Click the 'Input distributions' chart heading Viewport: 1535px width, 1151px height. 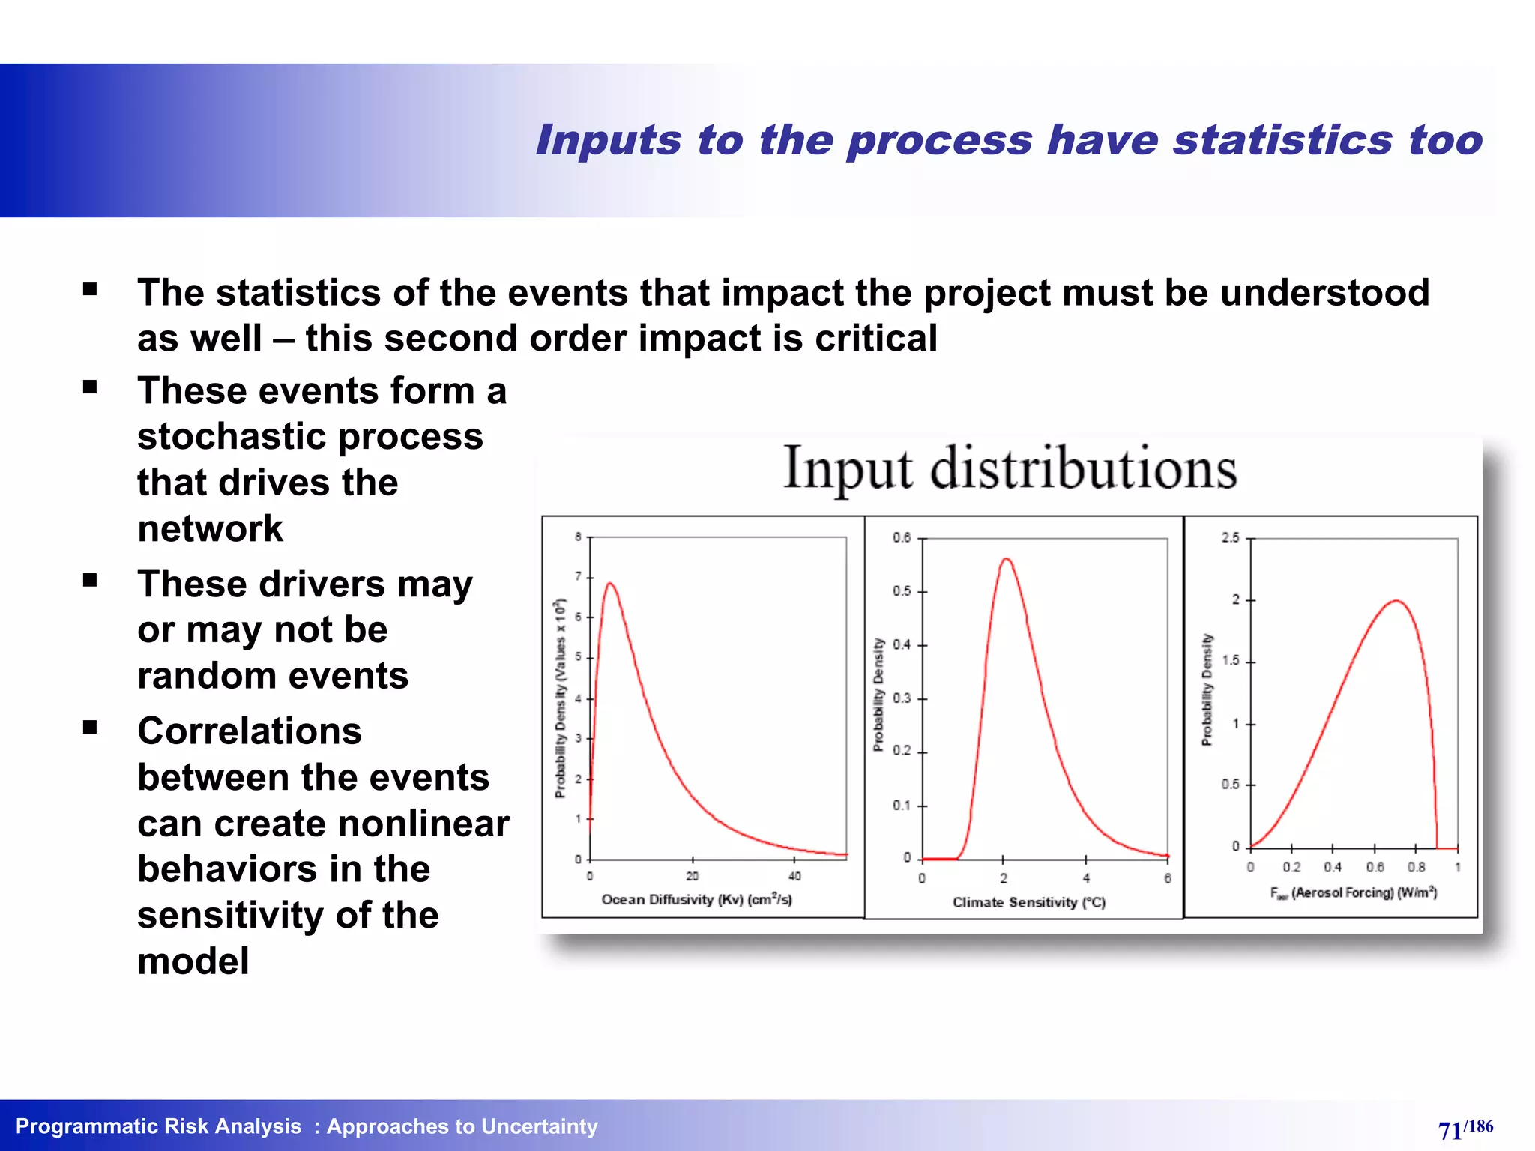pyautogui.click(x=1010, y=469)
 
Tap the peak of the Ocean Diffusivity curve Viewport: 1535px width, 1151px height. pyautogui.click(x=610, y=584)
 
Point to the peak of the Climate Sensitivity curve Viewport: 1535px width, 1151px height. pyautogui.click(x=1007, y=559)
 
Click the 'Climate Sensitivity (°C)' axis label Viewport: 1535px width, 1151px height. pyautogui.click(x=1028, y=902)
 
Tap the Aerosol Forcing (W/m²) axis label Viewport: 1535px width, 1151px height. pyautogui.click(x=1353, y=892)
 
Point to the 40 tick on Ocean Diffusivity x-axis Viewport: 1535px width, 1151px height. pyautogui.click(x=794, y=876)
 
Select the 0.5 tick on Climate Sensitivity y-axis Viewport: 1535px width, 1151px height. pyautogui.click(x=902, y=591)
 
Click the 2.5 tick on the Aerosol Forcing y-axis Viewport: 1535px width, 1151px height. pyautogui.click(x=1230, y=538)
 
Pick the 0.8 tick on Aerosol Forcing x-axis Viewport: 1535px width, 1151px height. pyautogui.click(x=1416, y=867)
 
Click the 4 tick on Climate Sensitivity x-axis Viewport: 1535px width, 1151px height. pyautogui.click(x=1086, y=878)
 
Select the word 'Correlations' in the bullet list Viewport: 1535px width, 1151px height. pyautogui.click(x=249, y=731)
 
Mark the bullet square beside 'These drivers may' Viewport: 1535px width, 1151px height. pyautogui.click(x=91, y=580)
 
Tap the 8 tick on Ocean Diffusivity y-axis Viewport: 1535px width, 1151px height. pyautogui.click(x=578, y=537)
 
